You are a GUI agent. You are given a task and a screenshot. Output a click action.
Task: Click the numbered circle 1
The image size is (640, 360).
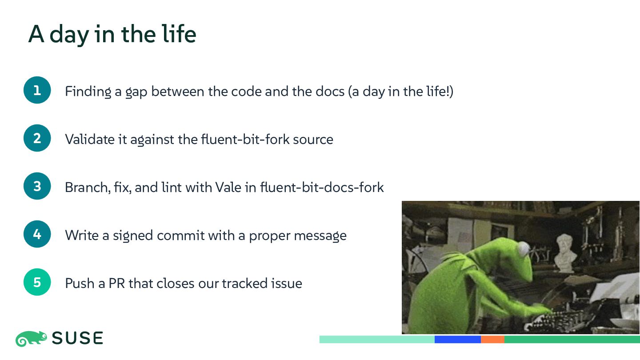pos(37,90)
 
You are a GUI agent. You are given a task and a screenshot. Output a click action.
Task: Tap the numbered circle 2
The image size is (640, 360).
pos(37,138)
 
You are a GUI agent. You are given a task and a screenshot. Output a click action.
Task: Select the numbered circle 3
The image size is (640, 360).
pos(37,186)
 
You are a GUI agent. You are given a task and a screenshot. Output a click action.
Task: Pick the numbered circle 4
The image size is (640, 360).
pos(37,234)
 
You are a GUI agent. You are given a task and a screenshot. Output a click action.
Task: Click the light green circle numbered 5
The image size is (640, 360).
pos(37,282)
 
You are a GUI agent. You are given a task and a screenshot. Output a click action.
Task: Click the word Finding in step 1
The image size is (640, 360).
pos(88,92)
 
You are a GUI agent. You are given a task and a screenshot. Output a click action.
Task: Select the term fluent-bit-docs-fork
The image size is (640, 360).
pos(322,188)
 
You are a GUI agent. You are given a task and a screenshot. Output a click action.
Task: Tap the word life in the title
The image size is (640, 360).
pos(179,34)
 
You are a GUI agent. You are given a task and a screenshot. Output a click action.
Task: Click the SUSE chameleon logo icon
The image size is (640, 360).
pos(31,339)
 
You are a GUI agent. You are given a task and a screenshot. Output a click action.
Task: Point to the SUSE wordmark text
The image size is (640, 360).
pos(77,338)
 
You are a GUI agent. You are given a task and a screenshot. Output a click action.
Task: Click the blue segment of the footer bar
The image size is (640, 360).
pos(458,340)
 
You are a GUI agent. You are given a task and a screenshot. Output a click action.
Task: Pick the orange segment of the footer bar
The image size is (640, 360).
pos(492,340)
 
